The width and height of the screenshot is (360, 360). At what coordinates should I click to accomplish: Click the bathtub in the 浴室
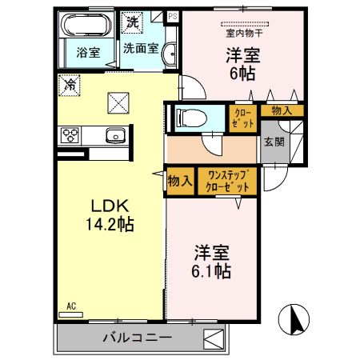(x=88, y=25)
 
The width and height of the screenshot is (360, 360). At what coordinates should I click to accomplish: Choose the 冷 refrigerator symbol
(x=70, y=82)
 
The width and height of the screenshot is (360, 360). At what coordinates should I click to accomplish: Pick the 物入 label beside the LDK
(x=179, y=181)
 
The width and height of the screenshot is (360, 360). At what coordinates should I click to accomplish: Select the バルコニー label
(x=137, y=338)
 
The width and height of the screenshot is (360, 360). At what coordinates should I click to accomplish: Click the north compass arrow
(x=294, y=320)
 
